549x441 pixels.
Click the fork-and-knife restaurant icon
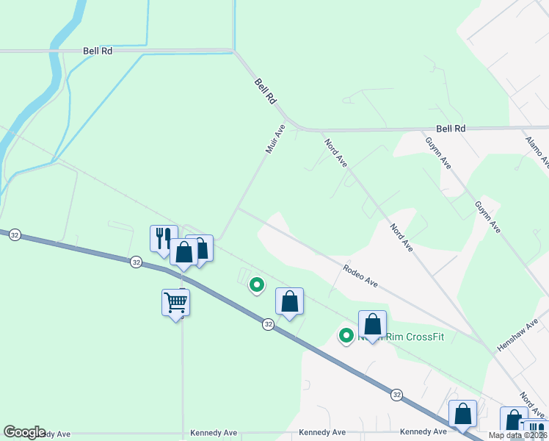(x=164, y=237)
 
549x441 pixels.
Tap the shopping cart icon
(x=176, y=301)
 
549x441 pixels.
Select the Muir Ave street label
(x=274, y=138)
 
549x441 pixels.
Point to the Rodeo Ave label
(x=360, y=276)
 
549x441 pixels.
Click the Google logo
(x=24, y=432)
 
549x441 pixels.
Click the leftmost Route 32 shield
(x=15, y=235)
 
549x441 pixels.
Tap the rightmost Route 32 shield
(x=396, y=395)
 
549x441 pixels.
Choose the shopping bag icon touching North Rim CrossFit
(x=372, y=324)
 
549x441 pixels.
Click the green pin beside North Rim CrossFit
(x=346, y=336)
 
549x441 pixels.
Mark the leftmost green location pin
(x=256, y=284)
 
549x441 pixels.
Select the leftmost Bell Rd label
(x=97, y=51)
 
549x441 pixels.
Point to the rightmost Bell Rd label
(x=451, y=129)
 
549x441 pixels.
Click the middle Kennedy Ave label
(x=322, y=432)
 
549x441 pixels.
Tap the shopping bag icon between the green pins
(x=289, y=301)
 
